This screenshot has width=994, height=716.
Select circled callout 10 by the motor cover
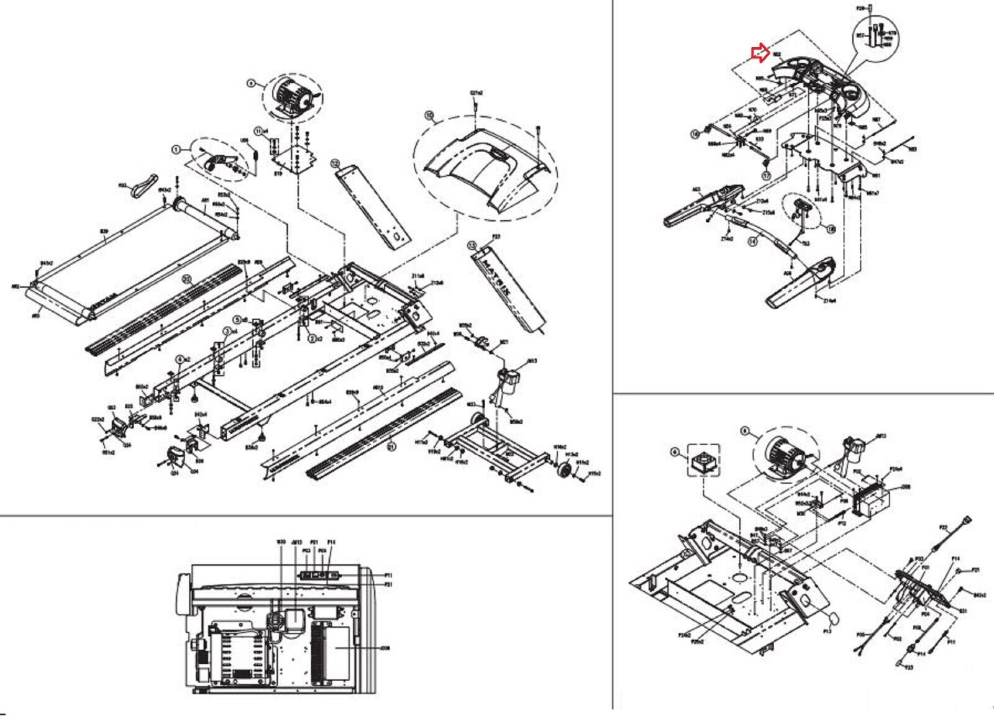[x=428, y=116]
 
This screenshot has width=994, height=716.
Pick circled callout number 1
[x=176, y=149]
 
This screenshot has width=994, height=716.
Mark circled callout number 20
[x=186, y=279]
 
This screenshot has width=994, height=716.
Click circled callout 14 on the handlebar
[x=753, y=242]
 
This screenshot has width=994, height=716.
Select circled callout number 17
[x=766, y=176]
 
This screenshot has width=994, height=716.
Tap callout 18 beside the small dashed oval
[x=831, y=229]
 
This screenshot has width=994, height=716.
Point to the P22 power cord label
[x=943, y=527]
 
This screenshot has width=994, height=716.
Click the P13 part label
[x=828, y=631]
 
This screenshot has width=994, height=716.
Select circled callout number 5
[x=237, y=320]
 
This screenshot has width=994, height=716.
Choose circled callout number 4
[x=180, y=358]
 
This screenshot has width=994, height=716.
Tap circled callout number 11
[x=259, y=130]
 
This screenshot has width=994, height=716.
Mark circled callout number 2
[x=314, y=338]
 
